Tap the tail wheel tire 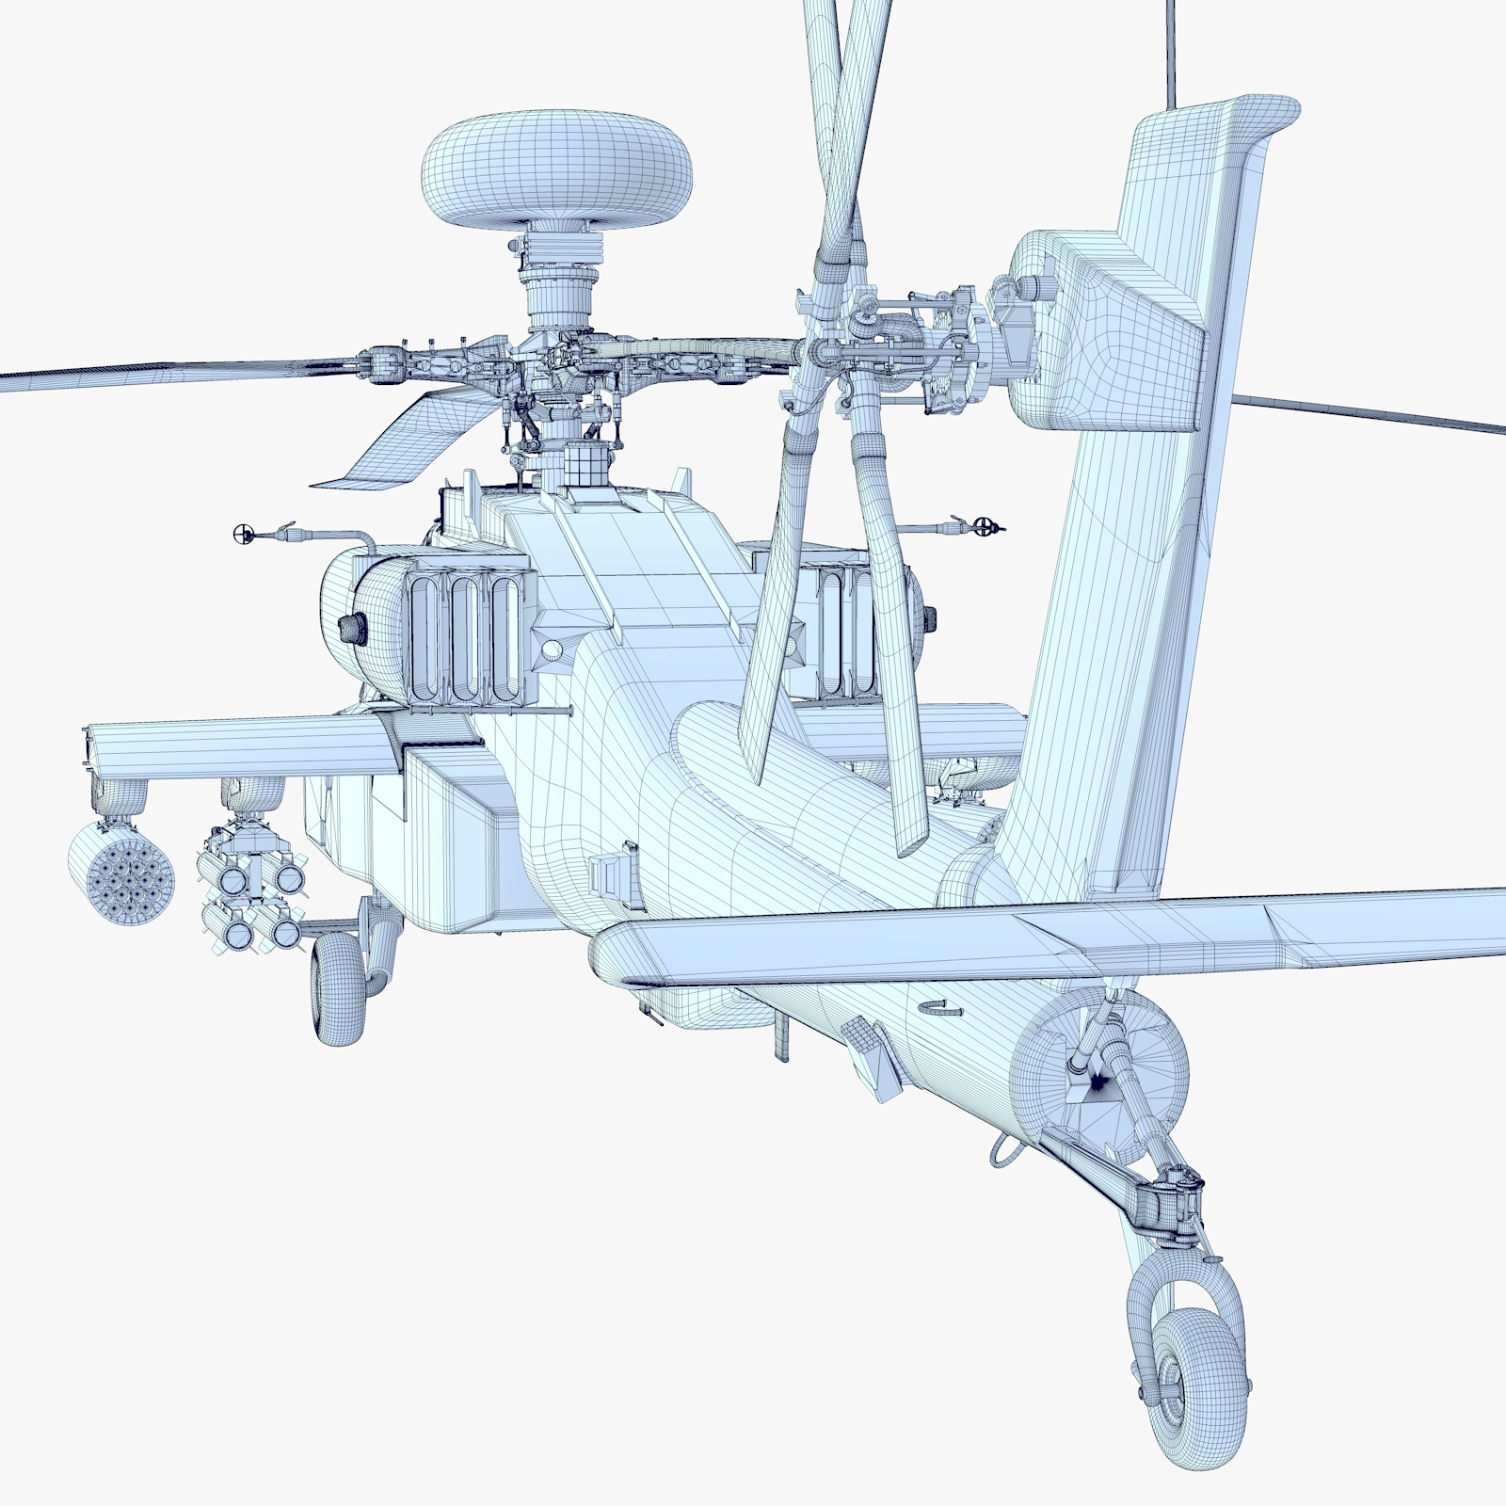point(1200,1384)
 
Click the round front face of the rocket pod point(121,875)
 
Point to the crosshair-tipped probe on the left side point(244,535)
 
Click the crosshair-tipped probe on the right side point(985,526)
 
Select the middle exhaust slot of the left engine point(463,640)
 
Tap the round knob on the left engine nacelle point(353,627)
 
